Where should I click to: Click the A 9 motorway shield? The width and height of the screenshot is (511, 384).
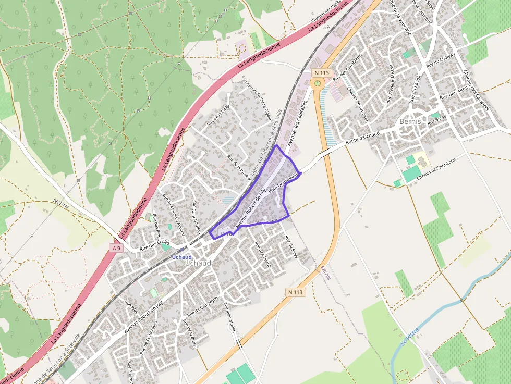pyautogui.click(x=116, y=249)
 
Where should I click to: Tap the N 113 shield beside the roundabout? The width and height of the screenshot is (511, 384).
pyautogui.click(x=322, y=73)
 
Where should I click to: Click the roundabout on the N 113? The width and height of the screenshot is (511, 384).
pyautogui.click(x=317, y=83)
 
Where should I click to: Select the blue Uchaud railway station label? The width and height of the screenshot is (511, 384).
pyautogui.click(x=182, y=257)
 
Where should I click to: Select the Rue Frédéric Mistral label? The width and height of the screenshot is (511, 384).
pyautogui.click(x=390, y=83)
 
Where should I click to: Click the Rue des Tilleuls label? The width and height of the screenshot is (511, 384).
pyautogui.click(x=263, y=255)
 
